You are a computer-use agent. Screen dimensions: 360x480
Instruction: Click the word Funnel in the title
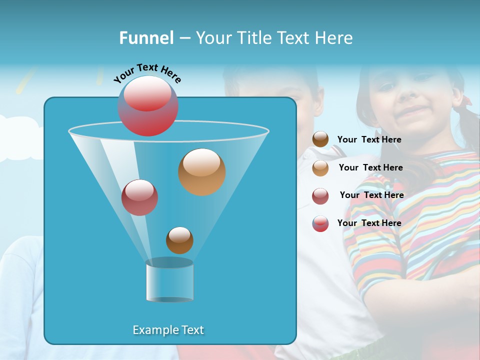pyautogui.click(x=146, y=38)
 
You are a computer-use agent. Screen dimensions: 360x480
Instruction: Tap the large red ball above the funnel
pyautogui.click(x=148, y=106)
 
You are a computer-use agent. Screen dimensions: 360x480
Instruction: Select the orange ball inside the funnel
pyautogui.click(x=202, y=172)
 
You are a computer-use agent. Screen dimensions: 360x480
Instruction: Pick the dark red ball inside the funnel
pyautogui.click(x=139, y=197)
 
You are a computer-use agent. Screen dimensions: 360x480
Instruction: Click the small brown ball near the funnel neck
pyautogui.click(x=179, y=240)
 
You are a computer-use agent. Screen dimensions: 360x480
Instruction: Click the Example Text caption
pyautogui.click(x=168, y=330)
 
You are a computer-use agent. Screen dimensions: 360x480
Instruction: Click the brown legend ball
pyautogui.click(x=320, y=139)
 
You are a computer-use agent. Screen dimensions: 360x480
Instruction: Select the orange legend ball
pyautogui.click(x=320, y=168)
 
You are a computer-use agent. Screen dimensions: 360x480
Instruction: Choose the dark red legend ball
pyautogui.click(x=320, y=196)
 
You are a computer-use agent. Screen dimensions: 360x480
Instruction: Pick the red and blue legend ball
pyautogui.click(x=320, y=223)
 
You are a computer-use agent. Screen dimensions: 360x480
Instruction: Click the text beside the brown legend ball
pyautogui.click(x=369, y=140)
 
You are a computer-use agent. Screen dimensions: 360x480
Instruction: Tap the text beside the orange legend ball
pyautogui.click(x=370, y=168)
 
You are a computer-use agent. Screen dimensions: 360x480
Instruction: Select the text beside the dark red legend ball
pyautogui.click(x=371, y=195)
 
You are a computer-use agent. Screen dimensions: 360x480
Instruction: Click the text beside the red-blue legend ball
pyautogui.click(x=369, y=223)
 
